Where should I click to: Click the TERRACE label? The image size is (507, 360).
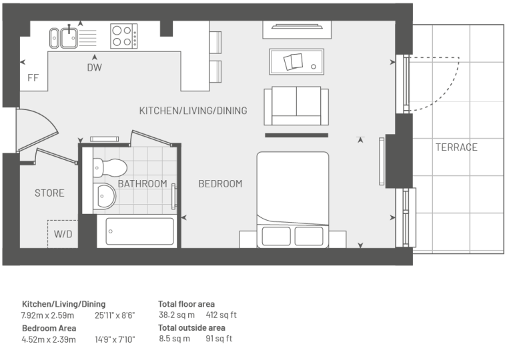click(456, 147)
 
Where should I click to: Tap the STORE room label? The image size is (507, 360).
click(49, 193)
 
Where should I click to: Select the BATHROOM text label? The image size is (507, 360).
click(142, 184)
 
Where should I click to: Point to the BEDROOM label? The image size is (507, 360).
click(220, 184)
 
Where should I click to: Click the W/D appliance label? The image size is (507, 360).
click(63, 234)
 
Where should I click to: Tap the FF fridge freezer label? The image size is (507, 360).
click(33, 78)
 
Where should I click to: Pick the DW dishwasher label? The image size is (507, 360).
click(95, 67)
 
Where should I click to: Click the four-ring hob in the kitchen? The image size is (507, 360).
click(124, 36)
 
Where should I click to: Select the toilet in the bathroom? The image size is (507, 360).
click(109, 168)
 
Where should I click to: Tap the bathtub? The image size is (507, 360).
click(139, 231)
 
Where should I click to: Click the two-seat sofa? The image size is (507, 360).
click(296, 106)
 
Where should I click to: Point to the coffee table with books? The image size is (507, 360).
click(296, 61)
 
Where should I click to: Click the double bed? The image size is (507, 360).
click(293, 200)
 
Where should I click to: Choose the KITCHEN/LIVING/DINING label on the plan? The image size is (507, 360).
click(193, 111)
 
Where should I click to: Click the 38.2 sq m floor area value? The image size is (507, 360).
click(177, 315)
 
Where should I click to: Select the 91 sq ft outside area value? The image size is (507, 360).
click(219, 339)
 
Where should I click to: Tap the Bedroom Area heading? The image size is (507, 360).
click(49, 328)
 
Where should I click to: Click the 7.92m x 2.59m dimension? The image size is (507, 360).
click(47, 315)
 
